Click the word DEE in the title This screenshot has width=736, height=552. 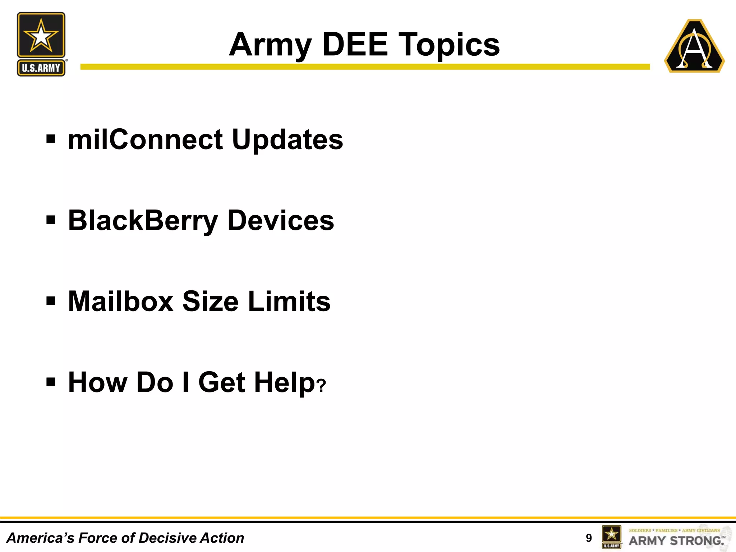click(x=355, y=45)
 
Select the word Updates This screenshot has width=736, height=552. click(x=287, y=140)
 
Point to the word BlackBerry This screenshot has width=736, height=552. click(x=143, y=221)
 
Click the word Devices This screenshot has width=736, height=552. click(x=281, y=221)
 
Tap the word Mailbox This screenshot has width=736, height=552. click(x=121, y=302)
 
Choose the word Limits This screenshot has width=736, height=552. click(x=289, y=302)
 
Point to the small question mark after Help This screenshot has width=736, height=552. click(x=322, y=386)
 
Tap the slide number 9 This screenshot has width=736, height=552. click(x=588, y=538)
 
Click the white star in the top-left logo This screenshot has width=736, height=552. click(x=41, y=36)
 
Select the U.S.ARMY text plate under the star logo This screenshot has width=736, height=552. click(x=41, y=68)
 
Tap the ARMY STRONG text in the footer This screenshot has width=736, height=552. click(x=676, y=540)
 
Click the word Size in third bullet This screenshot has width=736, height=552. click(x=210, y=302)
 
